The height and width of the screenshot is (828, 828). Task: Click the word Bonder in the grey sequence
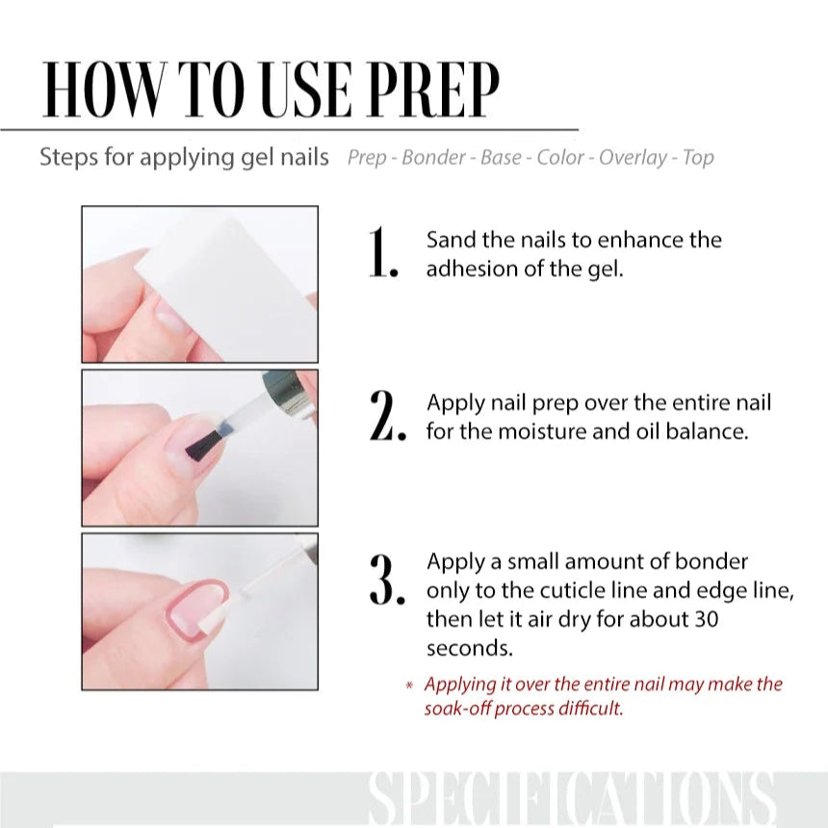pos(434,157)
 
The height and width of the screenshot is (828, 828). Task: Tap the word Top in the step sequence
pos(698,157)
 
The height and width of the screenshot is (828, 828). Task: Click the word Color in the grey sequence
pos(560,157)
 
